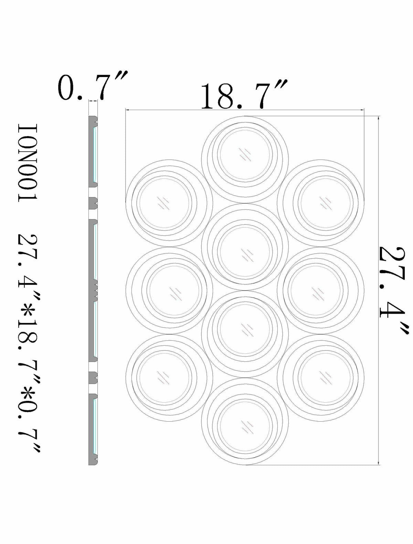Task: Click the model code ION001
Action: tap(28, 163)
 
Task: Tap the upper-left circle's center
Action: tap(169, 203)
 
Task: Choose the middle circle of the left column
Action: tap(169, 291)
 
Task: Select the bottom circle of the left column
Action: tap(169, 378)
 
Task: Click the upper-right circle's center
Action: tap(320, 203)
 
